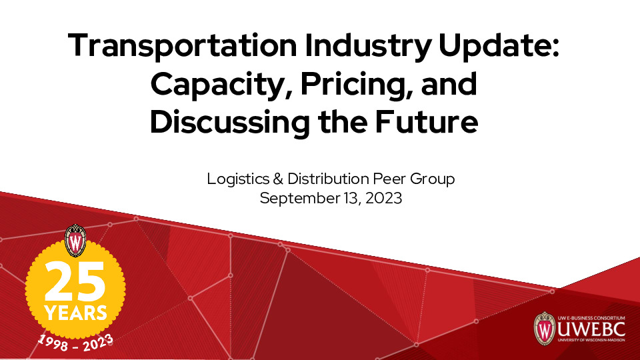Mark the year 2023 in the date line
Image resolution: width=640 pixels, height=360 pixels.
(386, 198)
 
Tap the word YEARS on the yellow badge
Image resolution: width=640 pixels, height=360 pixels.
(75, 312)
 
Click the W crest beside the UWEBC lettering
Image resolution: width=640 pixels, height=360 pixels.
(544, 328)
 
